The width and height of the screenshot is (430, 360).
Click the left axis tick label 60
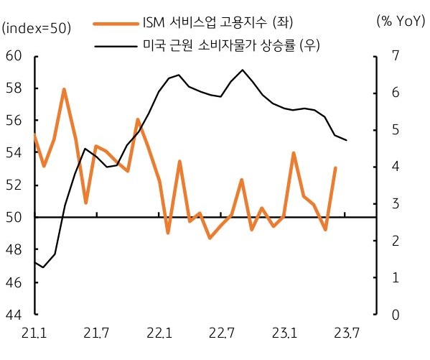[14, 56]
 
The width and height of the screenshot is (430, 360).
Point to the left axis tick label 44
[14, 315]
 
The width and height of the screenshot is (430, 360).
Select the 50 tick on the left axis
[14, 217]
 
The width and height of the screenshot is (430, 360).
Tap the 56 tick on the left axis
[14, 121]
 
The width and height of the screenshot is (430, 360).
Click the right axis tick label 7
[394, 56]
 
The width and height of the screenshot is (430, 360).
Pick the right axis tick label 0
[394, 315]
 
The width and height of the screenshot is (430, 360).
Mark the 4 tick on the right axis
[394, 167]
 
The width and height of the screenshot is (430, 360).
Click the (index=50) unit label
[37, 28]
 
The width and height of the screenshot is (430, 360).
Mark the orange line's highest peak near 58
[64, 89]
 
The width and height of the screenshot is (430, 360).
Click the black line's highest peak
[243, 70]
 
